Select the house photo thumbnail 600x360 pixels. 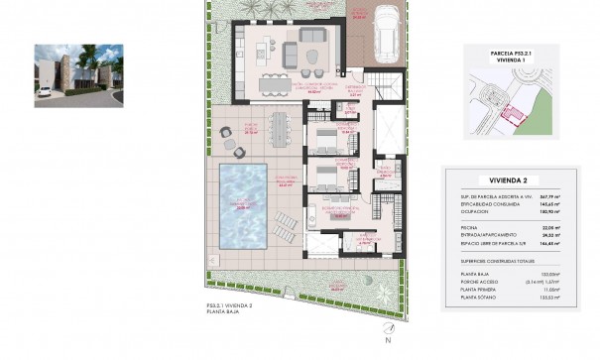[79, 74]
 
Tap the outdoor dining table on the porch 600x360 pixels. [279, 127]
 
